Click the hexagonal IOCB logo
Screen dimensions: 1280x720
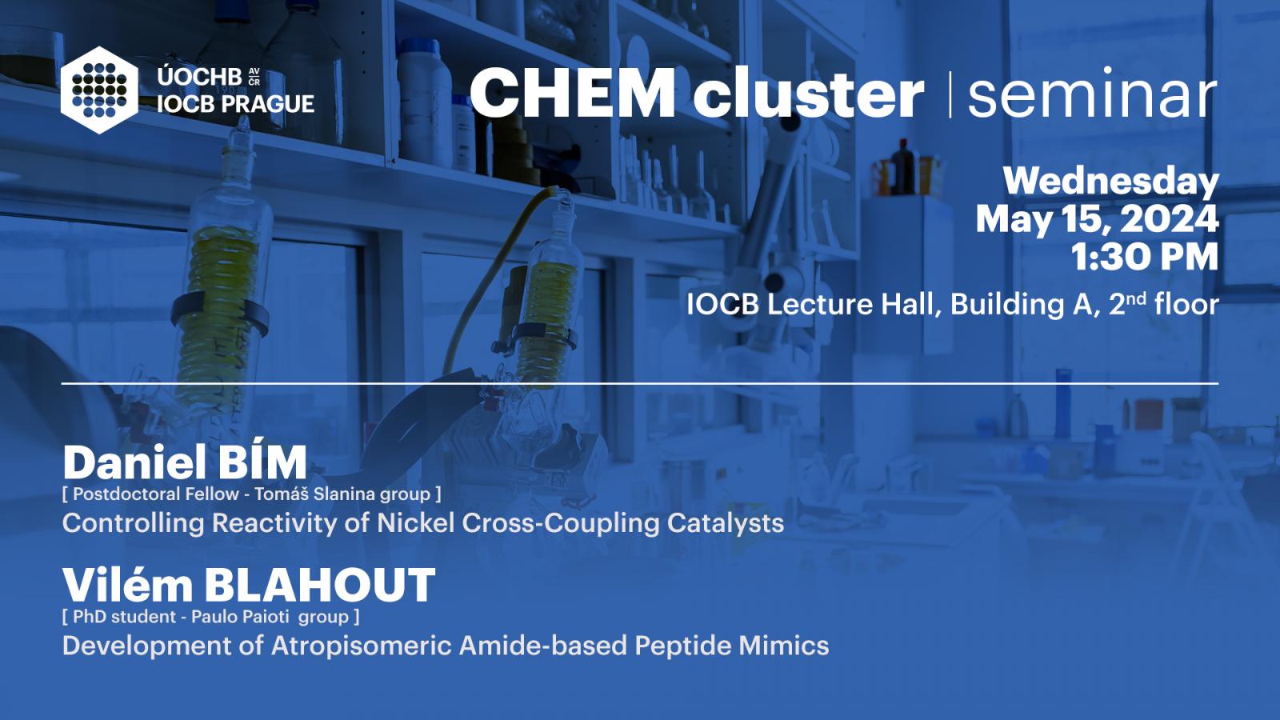pyautogui.click(x=99, y=90)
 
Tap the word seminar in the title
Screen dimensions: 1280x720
pyautogui.click(x=1092, y=93)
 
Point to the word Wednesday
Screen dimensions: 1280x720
pyautogui.click(x=1111, y=182)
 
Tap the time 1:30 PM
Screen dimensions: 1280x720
pyautogui.click(x=1145, y=257)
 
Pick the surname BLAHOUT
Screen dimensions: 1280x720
pyautogui.click(x=320, y=585)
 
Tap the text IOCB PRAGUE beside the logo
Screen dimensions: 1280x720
pyautogui.click(x=236, y=104)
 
